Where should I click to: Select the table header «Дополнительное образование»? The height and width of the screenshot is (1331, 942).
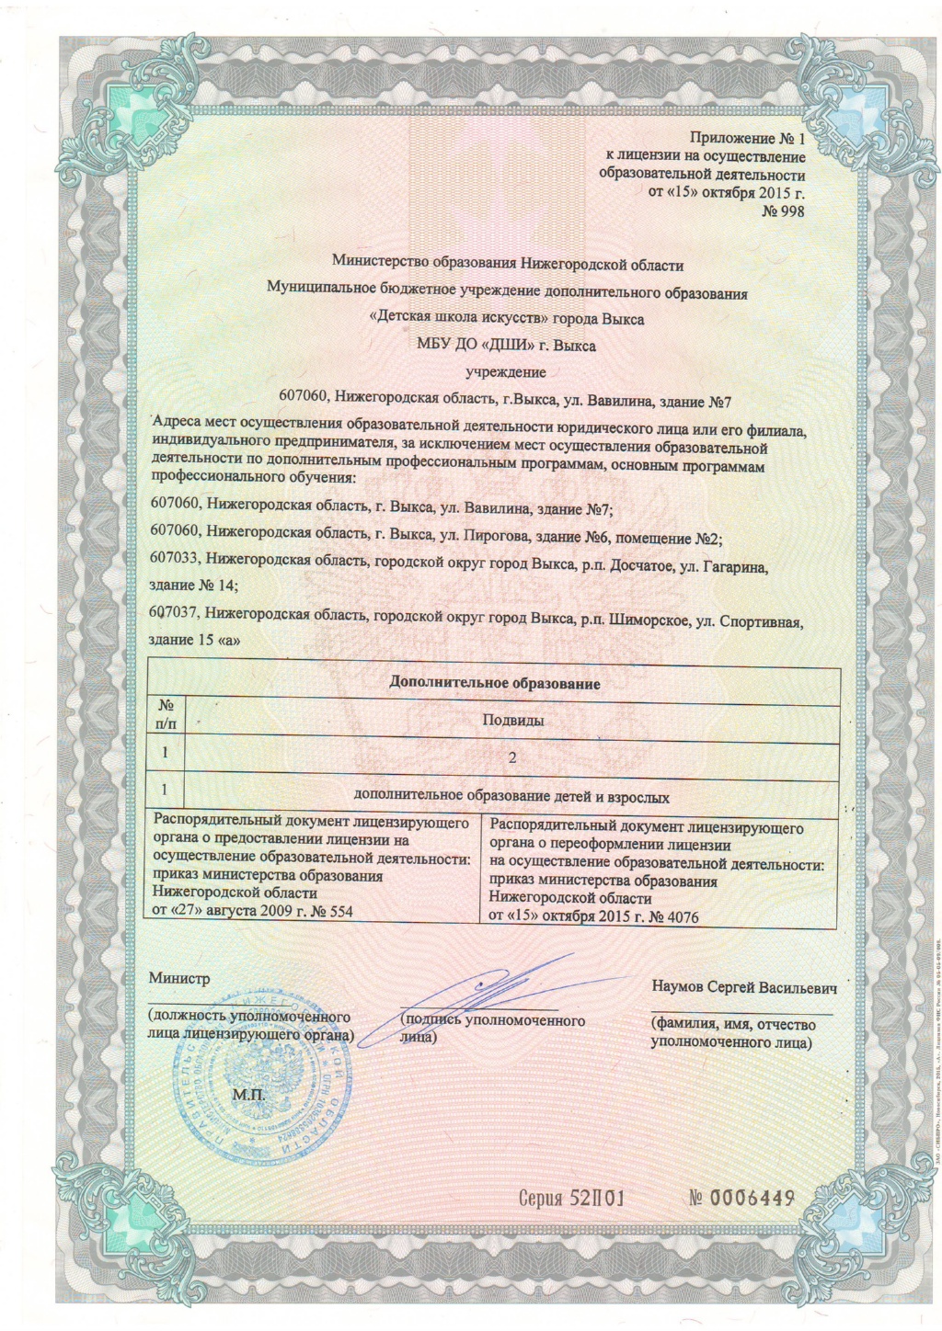pos(495,683)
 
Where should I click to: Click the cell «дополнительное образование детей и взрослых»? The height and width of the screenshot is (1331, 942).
pos(511,797)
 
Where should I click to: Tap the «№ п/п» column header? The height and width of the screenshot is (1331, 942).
pos(167,713)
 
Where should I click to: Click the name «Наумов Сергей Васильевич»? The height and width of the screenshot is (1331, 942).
pos(743,987)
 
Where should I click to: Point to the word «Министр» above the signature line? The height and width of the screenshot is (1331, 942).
pos(179,978)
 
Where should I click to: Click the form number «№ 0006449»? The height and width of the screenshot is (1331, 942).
pos(741,1198)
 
